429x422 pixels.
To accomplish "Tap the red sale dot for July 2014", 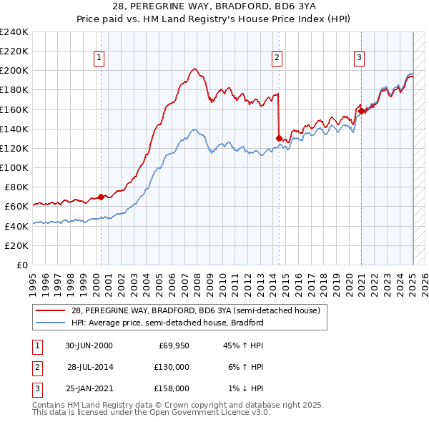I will click(x=279, y=138).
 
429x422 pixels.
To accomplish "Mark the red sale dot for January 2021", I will click(x=362, y=111).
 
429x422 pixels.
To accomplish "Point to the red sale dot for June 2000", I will click(x=102, y=197).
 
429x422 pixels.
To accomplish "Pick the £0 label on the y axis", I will click(x=21, y=265).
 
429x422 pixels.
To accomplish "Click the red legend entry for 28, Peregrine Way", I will click(x=199, y=310).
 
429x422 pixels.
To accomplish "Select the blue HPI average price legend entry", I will click(x=167, y=323).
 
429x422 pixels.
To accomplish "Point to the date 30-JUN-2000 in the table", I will click(x=89, y=345).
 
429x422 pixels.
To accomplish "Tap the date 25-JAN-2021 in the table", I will click(x=89, y=388).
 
